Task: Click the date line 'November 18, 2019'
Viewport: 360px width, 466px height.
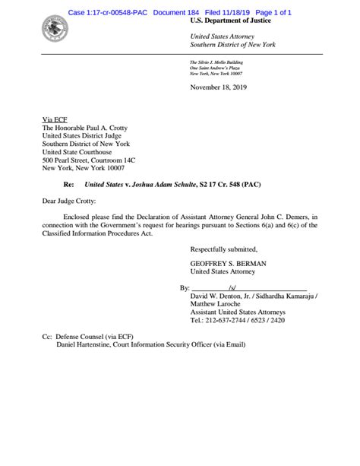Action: tap(218, 88)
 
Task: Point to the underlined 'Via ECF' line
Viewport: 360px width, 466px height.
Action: tap(55, 120)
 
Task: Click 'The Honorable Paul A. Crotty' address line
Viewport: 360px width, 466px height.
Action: tap(89, 128)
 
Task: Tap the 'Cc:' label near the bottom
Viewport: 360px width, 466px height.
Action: tap(48, 336)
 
